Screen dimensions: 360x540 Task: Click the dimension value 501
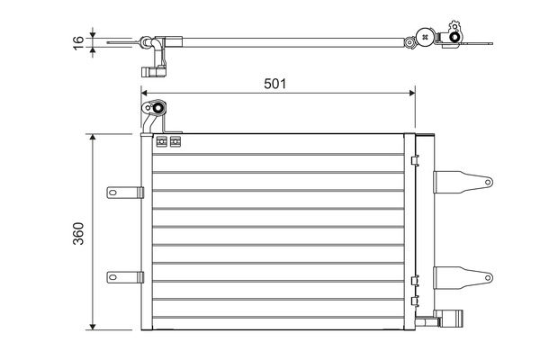pyautogui.click(x=274, y=84)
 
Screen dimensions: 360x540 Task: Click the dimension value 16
pyautogui.click(x=78, y=40)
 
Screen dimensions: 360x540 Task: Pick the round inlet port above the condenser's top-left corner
pyautogui.click(x=157, y=110)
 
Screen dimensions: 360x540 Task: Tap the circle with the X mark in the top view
pyautogui.click(x=410, y=40)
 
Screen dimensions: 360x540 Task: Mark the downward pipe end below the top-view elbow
pyautogui.click(x=148, y=72)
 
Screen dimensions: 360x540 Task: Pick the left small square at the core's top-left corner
pyautogui.click(x=162, y=141)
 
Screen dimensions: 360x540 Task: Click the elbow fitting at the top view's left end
pyautogui.click(x=155, y=45)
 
